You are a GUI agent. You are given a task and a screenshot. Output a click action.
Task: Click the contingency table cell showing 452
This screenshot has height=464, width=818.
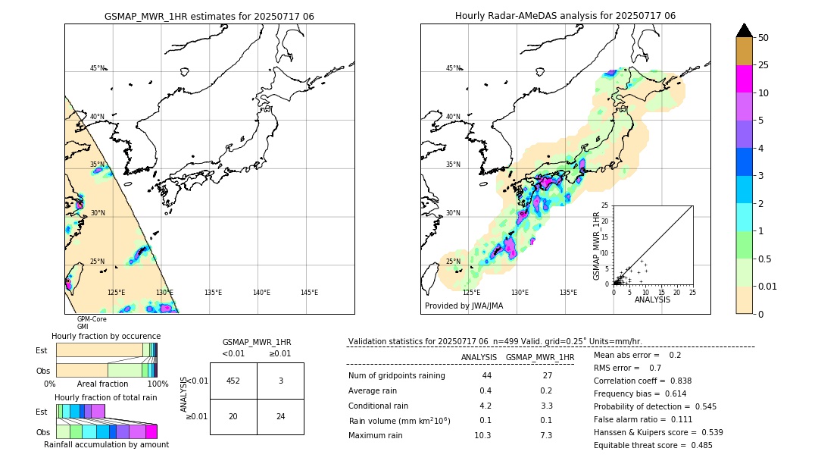point(233,381)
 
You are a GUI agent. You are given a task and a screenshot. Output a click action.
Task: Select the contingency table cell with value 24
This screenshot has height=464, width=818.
point(280,416)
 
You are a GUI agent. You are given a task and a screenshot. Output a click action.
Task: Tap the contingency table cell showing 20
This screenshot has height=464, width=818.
point(233,416)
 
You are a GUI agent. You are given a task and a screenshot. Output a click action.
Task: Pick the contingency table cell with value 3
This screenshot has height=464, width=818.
point(280,381)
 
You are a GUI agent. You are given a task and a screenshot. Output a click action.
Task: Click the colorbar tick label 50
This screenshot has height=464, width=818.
point(763,38)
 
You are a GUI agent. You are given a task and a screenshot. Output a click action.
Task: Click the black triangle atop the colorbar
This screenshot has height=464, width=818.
point(745,30)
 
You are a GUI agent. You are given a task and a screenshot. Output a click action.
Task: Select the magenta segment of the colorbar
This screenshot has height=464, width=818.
point(745,80)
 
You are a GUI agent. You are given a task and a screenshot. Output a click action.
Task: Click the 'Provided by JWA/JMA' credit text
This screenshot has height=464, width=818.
point(464,306)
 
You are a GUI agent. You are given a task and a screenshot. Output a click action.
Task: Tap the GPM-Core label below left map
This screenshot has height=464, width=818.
point(91,319)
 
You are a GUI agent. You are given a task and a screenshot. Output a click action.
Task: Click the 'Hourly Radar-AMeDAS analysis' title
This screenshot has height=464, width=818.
point(565,16)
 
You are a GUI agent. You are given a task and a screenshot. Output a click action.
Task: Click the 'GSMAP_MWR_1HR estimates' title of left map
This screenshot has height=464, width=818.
point(209,16)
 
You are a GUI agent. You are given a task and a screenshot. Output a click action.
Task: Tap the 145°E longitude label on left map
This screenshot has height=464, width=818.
point(309,293)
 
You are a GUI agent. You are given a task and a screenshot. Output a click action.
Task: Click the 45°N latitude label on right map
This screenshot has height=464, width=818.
point(453,68)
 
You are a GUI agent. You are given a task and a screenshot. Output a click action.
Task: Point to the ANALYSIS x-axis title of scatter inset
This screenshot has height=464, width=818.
point(652,299)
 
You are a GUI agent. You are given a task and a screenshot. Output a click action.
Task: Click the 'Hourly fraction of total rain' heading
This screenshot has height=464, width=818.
point(106,397)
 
